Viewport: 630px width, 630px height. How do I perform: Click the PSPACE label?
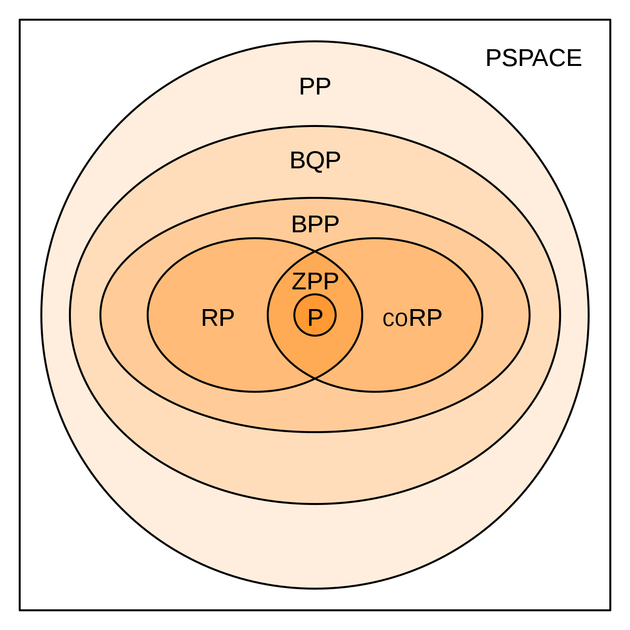534,58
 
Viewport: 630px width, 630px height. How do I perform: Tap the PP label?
315,87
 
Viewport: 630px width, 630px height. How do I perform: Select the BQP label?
315,160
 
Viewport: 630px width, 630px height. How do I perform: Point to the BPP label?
315,224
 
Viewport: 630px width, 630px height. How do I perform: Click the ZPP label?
315,282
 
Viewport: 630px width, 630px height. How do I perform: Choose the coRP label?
412,318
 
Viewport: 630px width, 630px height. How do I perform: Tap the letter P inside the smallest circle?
315,317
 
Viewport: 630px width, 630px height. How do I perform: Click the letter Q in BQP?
315,161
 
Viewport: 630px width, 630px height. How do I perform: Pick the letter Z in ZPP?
299,282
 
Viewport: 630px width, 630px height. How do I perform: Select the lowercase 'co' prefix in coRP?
395,319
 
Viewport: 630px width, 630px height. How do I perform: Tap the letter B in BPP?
299,224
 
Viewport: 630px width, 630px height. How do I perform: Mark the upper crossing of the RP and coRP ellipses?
315,252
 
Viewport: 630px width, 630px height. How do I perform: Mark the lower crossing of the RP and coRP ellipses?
315,378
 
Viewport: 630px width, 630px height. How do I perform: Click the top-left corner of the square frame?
20,20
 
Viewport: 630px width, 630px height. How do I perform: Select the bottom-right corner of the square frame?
610,610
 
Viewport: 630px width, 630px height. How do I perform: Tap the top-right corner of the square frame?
610,20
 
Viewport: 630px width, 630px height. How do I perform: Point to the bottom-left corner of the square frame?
20,610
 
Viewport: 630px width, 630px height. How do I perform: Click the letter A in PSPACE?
541,58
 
